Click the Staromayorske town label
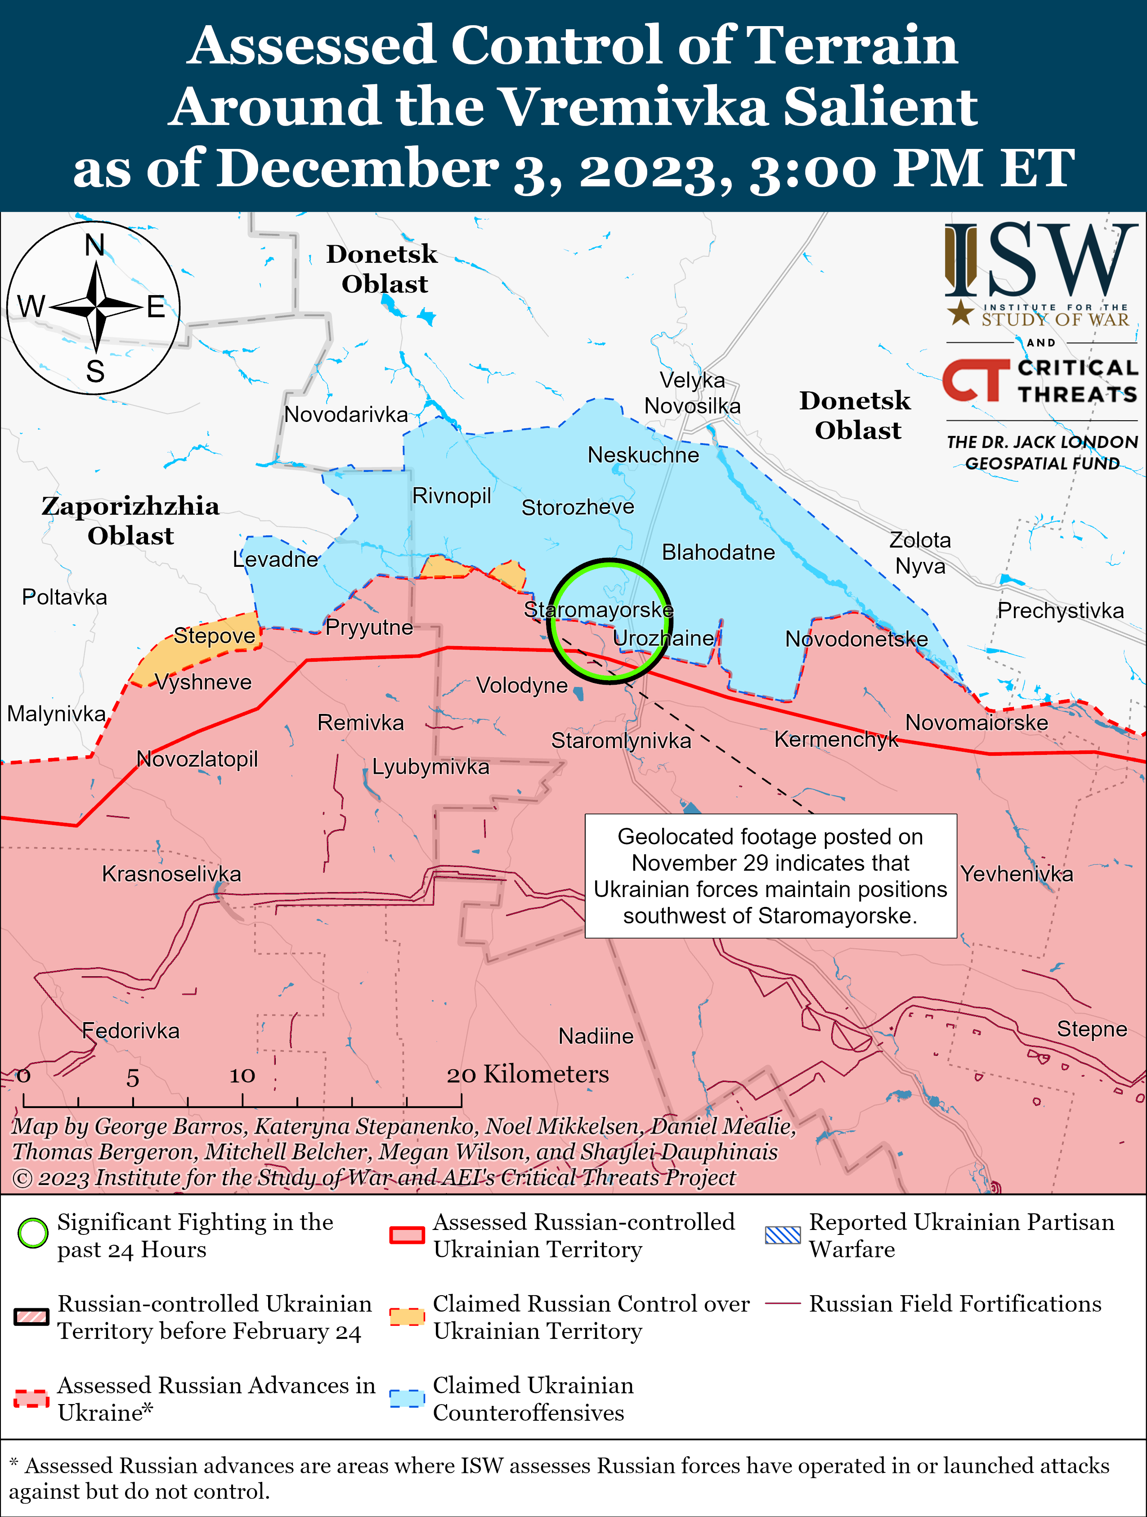[598, 609]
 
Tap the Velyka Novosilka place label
[692, 393]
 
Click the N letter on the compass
[94, 245]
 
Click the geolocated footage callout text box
[770, 876]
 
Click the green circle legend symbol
[33, 1234]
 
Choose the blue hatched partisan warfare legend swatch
[782, 1235]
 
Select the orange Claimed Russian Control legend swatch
[407, 1317]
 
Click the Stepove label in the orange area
[214, 636]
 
